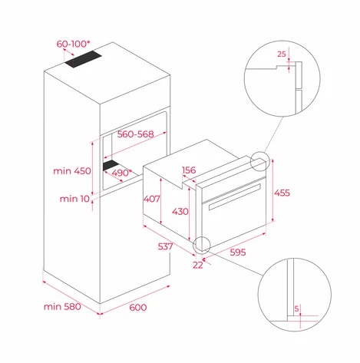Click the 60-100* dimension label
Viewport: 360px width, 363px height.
coord(73,44)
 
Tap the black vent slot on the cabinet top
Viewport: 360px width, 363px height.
coord(83,59)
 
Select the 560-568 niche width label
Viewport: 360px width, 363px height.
coord(135,134)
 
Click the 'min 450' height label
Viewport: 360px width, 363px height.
coord(72,171)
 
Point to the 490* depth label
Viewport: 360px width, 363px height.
coord(121,173)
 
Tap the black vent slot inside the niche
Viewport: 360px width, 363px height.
coord(111,165)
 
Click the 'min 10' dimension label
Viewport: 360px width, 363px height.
coord(74,199)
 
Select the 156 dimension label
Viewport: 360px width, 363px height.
coord(189,170)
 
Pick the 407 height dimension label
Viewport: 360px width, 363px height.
coord(151,199)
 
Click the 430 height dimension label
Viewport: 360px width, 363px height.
coord(180,212)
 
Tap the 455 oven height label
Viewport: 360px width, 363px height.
coord(282,193)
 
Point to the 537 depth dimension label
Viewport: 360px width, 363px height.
coord(165,246)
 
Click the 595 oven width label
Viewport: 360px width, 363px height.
coord(238,252)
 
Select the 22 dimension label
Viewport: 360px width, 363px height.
coord(198,265)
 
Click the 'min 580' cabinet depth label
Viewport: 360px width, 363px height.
coord(62,306)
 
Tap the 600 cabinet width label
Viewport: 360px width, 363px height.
coord(138,307)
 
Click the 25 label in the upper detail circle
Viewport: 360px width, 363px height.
coord(282,54)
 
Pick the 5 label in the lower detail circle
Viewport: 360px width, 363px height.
coord(296,309)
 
